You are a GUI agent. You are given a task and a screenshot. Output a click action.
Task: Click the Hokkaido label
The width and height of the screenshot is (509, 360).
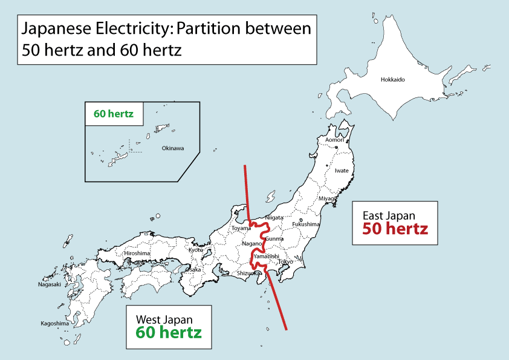(x=392, y=80)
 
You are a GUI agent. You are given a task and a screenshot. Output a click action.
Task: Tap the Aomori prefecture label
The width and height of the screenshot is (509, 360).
(x=334, y=140)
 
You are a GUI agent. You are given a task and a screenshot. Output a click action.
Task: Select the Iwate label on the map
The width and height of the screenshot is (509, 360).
(x=342, y=171)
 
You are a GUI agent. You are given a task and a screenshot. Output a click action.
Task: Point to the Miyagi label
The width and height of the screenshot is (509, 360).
(x=327, y=198)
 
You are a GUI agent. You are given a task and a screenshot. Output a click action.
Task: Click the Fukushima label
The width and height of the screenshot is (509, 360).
(x=306, y=224)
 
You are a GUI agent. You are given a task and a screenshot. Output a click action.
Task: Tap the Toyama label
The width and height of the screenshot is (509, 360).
(x=241, y=228)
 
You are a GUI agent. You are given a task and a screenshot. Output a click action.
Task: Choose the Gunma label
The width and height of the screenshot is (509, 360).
(x=274, y=239)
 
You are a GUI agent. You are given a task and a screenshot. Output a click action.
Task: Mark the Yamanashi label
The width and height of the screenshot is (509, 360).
(x=267, y=256)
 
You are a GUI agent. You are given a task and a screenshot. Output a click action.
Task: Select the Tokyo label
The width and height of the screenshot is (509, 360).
(x=285, y=262)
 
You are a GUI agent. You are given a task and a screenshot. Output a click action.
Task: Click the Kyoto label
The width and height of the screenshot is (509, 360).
(x=196, y=250)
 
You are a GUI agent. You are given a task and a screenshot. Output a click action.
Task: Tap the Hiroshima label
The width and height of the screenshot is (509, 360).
(x=137, y=253)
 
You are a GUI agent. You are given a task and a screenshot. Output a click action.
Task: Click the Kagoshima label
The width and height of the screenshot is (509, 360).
(x=54, y=323)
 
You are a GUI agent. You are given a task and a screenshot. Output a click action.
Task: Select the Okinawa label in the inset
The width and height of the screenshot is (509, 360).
(x=173, y=148)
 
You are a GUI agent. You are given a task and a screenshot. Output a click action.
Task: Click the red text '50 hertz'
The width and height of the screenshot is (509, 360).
(x=395, y=229)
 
